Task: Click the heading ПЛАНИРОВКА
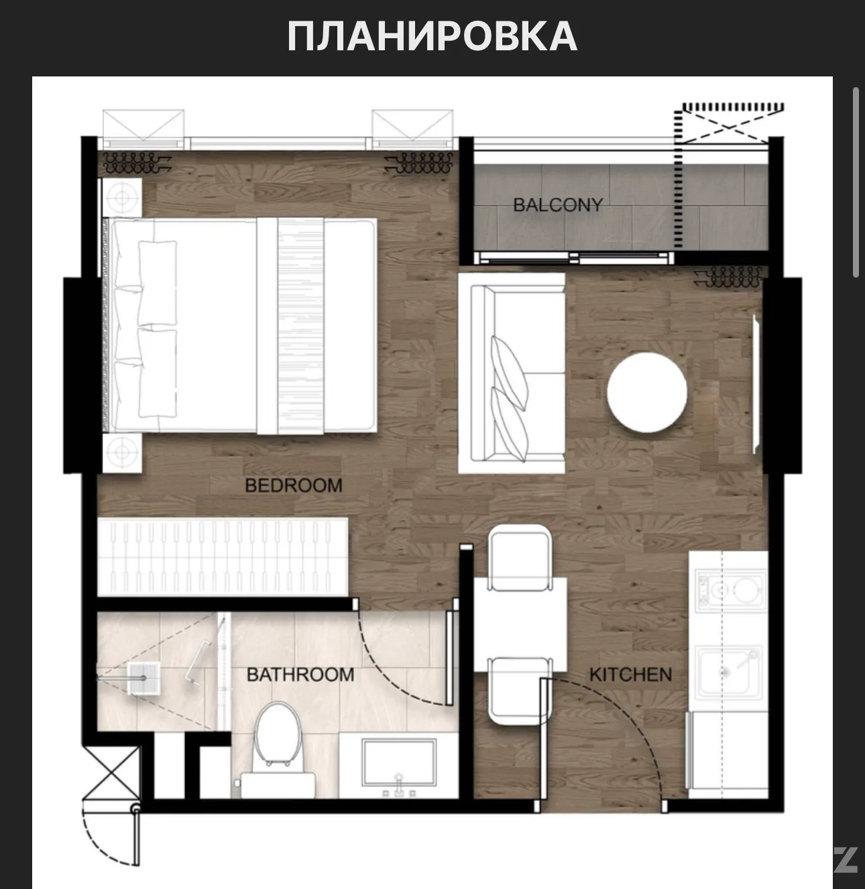tap(432, 36)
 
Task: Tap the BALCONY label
tap(558, 205)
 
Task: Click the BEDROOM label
tap(294, 485)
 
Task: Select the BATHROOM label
tap(300, 674)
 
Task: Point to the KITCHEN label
tap(630, 674)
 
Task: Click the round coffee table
tap(647, 392)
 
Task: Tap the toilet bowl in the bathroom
tap(277, 749)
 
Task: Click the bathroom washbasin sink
tap(399, 763)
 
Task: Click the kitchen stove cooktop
tap(730, 590)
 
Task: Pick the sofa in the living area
tap(512, 373)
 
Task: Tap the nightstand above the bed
tap(122, 198)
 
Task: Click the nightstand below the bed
tap(122, 453)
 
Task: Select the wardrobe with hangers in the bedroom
tap(223, 557)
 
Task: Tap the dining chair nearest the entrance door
tap(520, 691)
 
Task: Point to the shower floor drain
tap(144, 678)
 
